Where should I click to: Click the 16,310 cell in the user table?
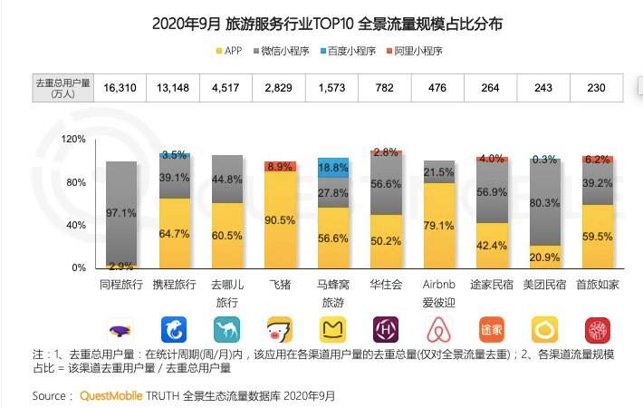[x=122, y=87]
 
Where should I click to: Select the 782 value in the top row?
[x=387, y=87]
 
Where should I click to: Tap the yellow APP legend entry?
[x=237, y=52]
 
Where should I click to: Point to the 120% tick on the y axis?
[x=73, y=139]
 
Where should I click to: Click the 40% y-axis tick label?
[x=76, y=225]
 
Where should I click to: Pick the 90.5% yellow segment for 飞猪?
[x=281, y=219]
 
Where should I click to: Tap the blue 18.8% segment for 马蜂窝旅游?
[x=333, y=167]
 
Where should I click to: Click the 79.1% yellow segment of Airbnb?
[x=439, y=225]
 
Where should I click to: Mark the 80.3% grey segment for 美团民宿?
[x=545, y=203]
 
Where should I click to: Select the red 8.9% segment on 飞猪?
[x=281, y=166]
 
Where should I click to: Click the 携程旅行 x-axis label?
[x=175, y=285]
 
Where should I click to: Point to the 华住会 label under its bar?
[x=387, y=285]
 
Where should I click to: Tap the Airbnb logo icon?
[x=439, y=328]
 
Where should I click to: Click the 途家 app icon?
[x=492, y=328]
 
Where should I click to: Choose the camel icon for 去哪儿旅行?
[x=227, y=328]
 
